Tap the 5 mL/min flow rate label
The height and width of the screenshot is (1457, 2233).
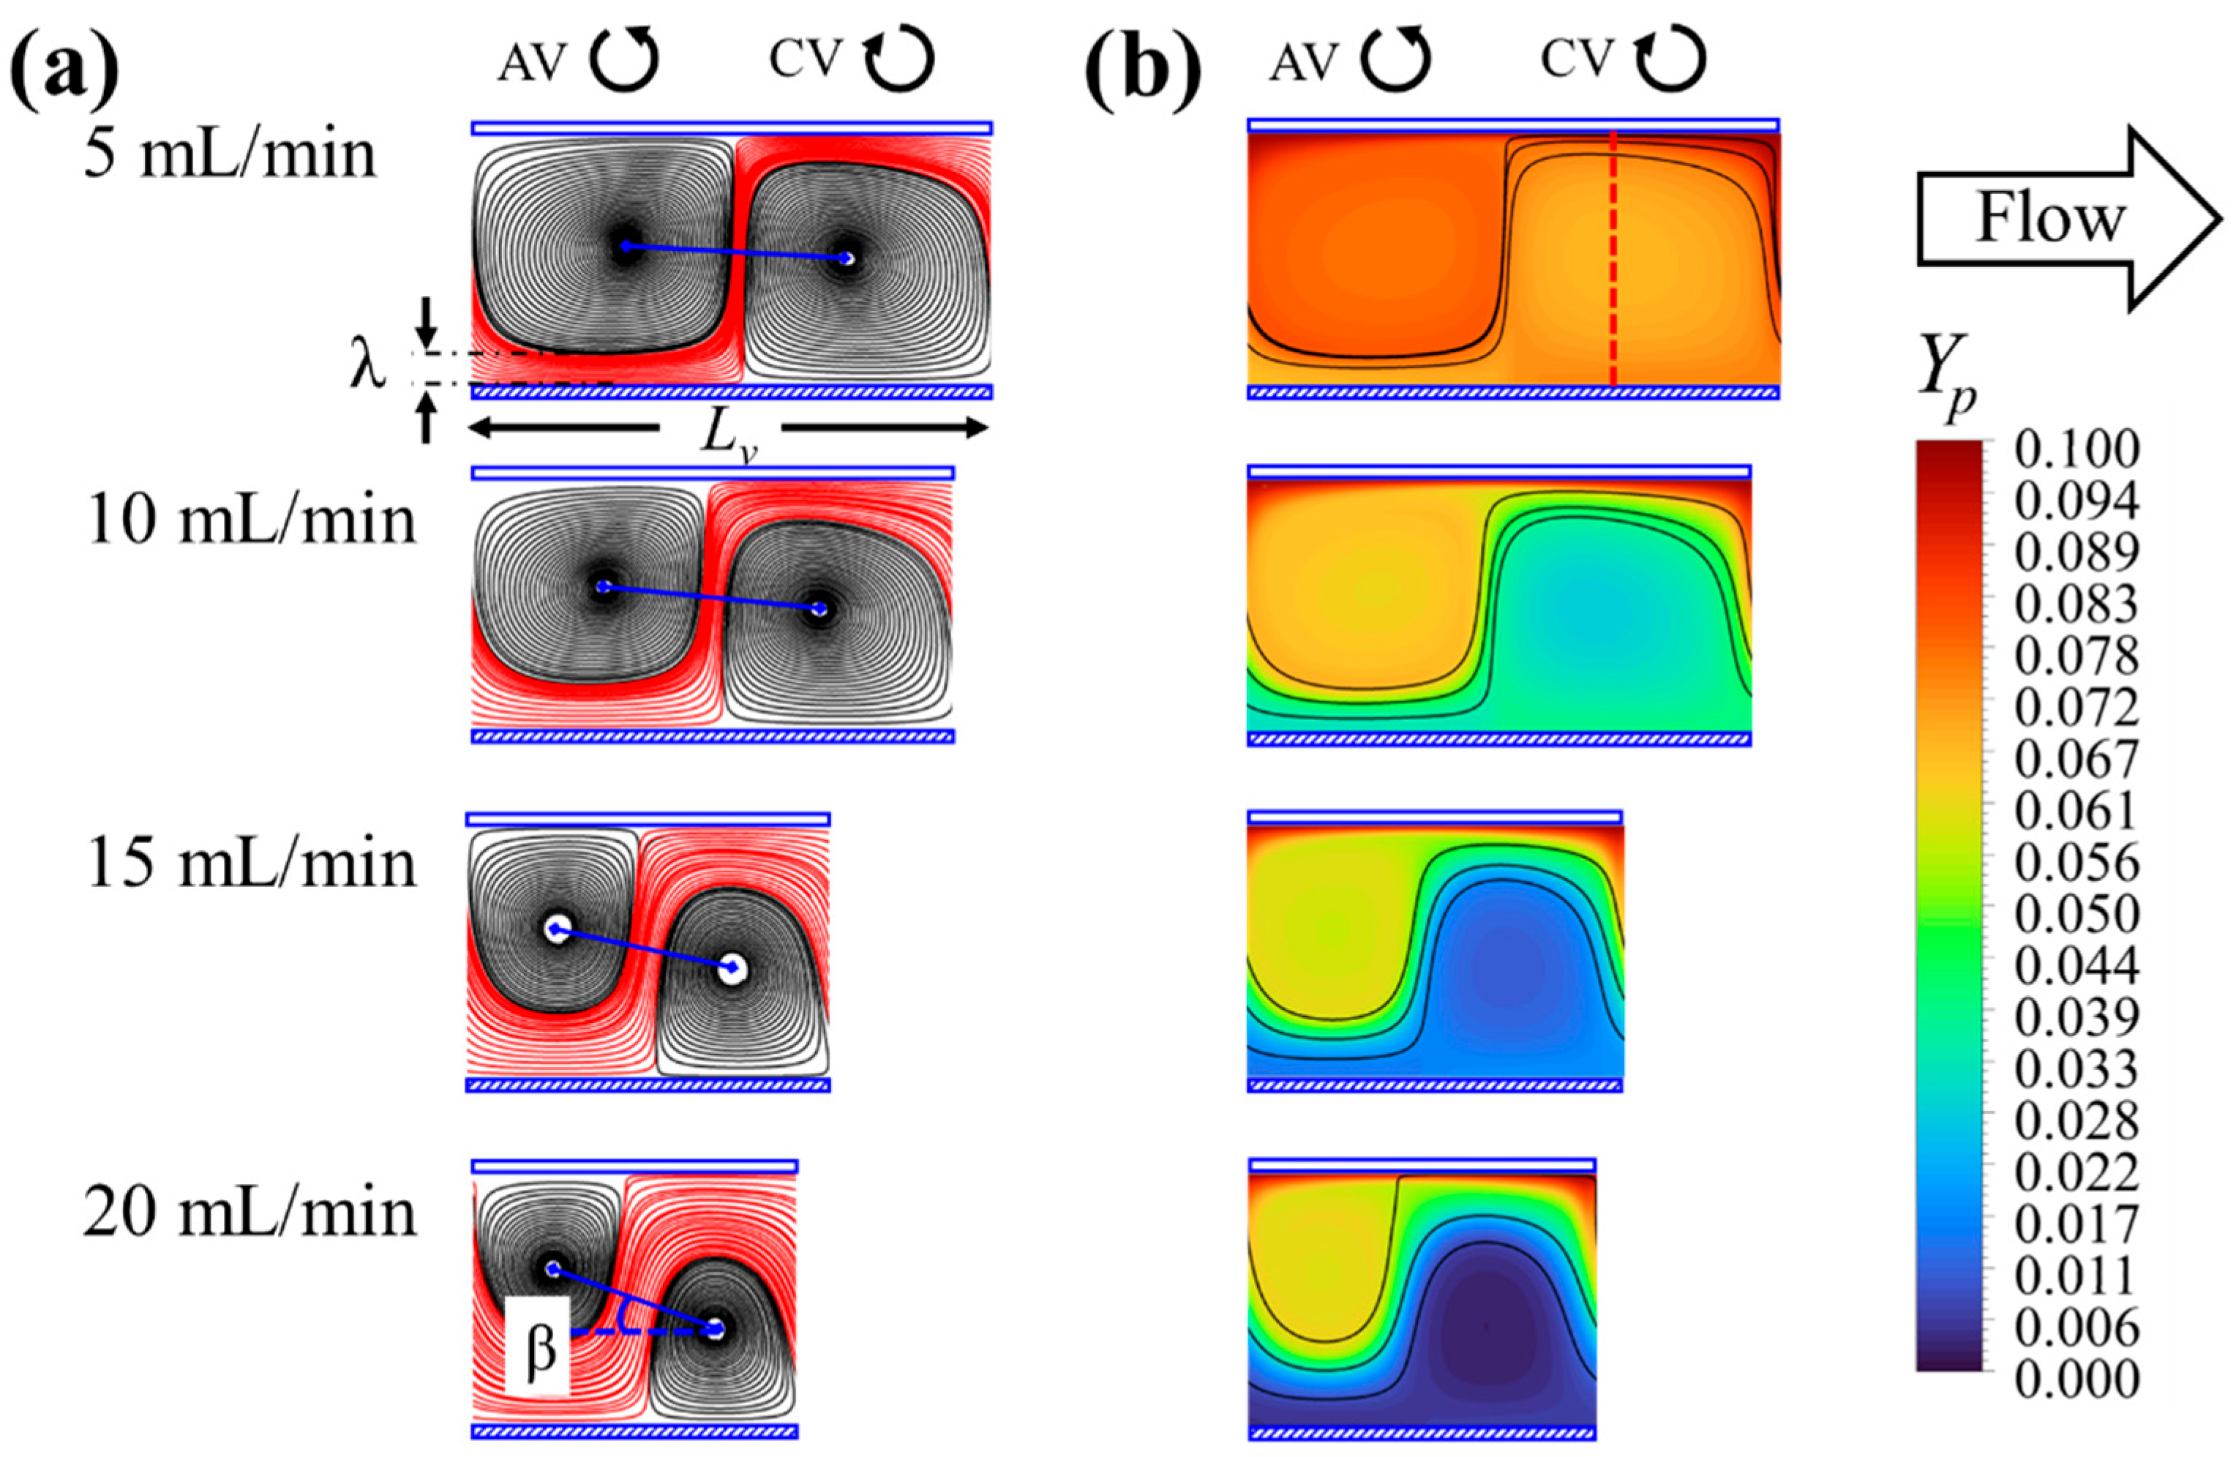tap(230, 155)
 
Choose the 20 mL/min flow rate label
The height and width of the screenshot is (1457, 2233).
tap(250, 1213)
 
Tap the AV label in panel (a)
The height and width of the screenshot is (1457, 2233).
tap(532, 64)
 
